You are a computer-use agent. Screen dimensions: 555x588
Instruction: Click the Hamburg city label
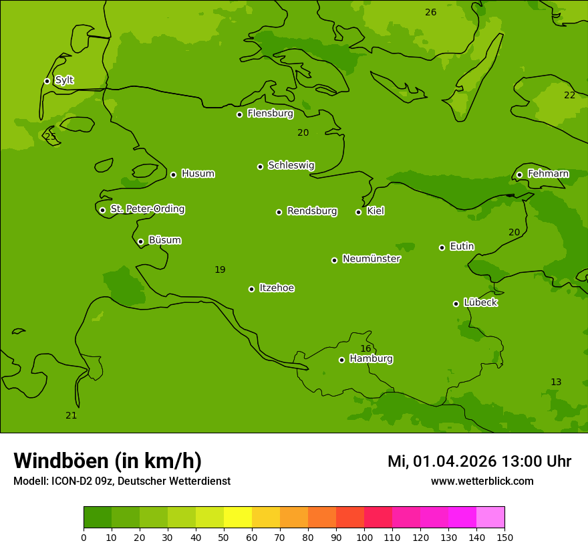pos(371,359)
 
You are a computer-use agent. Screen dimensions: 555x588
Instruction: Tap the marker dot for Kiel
pos(358,212)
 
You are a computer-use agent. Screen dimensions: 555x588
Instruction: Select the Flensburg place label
pos(270,114)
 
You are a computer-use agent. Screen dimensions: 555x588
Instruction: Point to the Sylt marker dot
pos(47,81)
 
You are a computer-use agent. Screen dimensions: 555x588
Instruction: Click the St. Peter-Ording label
pos(147,209)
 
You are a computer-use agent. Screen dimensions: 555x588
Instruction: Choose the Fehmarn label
pos(548,174)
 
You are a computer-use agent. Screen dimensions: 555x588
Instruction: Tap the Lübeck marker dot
pos(456,304)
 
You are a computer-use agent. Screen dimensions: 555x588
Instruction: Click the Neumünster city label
pos(371,259)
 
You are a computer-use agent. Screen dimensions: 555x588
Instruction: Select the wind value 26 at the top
pos(431,13)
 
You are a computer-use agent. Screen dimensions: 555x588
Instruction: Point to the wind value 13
pos(556,382)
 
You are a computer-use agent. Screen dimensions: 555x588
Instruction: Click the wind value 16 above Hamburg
pos(365,348)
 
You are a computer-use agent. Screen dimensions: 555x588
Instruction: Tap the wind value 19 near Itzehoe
pos(220,270)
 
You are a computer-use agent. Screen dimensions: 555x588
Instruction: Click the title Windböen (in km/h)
pos(108,461)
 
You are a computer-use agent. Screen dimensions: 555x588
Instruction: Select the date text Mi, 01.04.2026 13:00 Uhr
pos(479,461)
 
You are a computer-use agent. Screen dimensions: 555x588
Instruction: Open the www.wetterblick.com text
pos(482,481)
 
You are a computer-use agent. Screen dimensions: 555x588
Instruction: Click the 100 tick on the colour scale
pos(364,537)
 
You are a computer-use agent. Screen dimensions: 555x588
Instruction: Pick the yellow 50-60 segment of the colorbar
pos(238,518)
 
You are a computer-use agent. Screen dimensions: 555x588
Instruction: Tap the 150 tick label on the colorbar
pos(504,537)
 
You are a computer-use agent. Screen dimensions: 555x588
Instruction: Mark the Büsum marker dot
pos(140,241)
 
